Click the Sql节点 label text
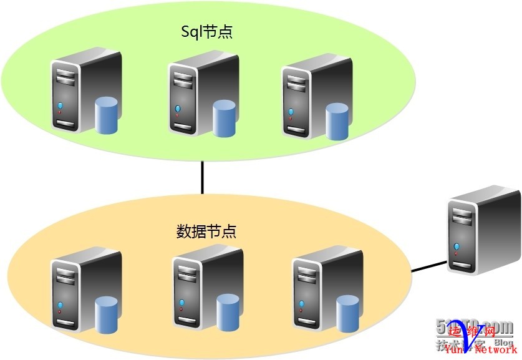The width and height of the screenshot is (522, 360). tap(206, 32)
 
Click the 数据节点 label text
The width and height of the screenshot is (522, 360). tap(206, 231)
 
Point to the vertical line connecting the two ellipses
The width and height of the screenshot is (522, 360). tap(202, 177)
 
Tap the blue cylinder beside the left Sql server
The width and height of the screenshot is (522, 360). tap(107, 115)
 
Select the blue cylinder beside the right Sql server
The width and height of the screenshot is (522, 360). tap(337, 121)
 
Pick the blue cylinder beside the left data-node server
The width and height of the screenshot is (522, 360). tap(107, 314)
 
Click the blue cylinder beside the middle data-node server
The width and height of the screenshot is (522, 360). tap(228, 313)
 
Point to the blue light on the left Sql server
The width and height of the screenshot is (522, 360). tap(60, 105)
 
